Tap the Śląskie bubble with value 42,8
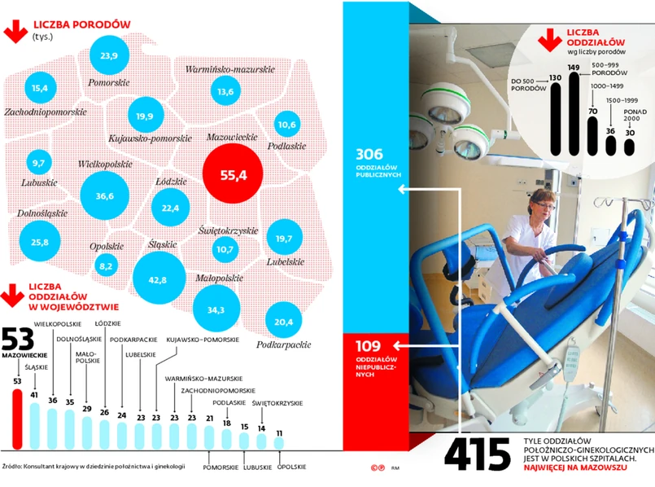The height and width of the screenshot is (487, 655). coord(158,279)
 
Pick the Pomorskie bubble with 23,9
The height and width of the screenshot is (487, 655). coord(109,55)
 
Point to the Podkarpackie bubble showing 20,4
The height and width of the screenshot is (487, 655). coord(284,322)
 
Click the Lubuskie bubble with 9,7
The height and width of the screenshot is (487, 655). coord(38,163)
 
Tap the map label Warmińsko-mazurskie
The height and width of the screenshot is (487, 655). coord(229,70)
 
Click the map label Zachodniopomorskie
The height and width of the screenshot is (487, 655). coord(46,111)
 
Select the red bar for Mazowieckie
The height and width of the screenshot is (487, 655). coord(17,419)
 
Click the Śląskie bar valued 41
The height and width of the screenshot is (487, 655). coord(34,424)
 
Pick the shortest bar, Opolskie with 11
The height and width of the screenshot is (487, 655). coord(279,442)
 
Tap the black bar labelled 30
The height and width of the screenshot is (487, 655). coord(629,147)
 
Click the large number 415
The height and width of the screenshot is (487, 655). coord(477,454)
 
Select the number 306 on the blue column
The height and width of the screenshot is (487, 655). coord(369,153)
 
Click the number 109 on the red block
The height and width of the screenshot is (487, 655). coord(369,346)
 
